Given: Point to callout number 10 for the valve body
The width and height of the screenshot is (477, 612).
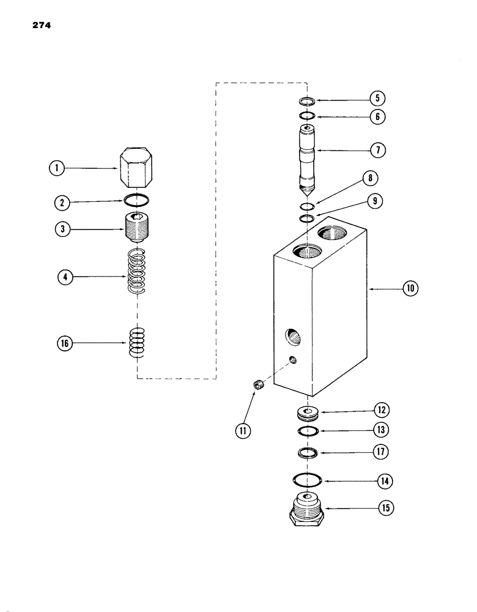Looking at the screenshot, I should (x=410, y=287).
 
